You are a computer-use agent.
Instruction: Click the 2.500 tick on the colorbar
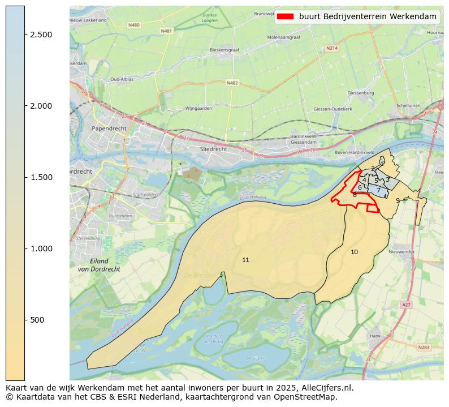(x=25, y=35)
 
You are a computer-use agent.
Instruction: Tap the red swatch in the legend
(x=286, y=16)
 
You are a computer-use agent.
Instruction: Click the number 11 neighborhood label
(x=245, y=260)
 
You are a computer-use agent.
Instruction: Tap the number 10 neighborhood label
(x=354, y=252)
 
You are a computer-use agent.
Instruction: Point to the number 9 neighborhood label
(x=398, y=200)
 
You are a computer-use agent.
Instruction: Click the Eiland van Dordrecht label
(x=99, y=265)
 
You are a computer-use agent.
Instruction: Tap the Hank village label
(x=375, y=336)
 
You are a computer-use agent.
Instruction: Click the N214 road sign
(x=331, y=48)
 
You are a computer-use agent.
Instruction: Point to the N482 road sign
(x=232, y=83)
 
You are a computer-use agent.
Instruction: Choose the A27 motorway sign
(x=406, y=305)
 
